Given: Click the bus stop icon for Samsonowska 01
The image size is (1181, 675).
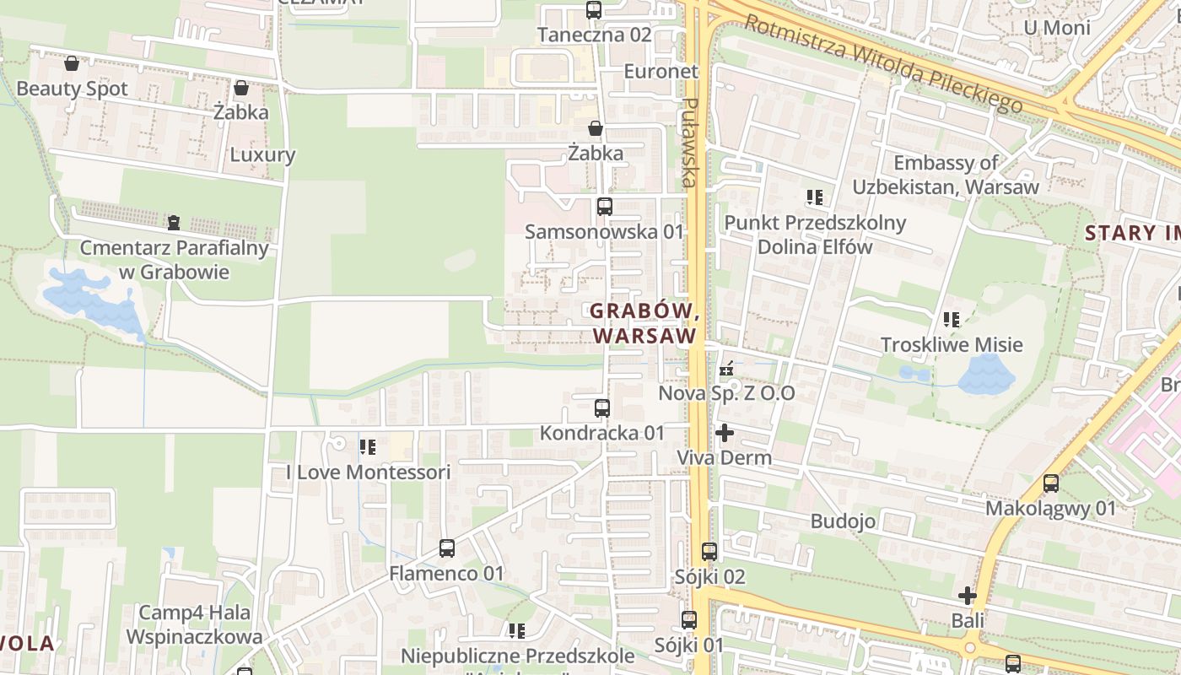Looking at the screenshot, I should point(604,207).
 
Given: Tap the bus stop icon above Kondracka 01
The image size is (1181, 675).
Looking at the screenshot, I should point(602,408).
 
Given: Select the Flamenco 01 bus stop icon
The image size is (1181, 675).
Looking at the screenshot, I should point(447,548).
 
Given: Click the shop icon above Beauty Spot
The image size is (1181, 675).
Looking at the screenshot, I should point(72,63).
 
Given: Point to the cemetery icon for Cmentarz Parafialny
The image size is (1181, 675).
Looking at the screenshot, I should point(174,223).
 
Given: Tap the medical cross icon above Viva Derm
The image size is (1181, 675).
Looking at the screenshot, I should point(724,433).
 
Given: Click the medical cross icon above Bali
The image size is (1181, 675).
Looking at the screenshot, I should point(968,596).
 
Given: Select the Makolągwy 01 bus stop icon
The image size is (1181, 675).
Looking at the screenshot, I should point(1051,483).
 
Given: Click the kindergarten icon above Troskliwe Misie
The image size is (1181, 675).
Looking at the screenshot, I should point(952,320).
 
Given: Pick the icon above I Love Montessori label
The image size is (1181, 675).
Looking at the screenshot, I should point(368,447).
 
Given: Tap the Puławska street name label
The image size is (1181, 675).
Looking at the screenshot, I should point(691,143).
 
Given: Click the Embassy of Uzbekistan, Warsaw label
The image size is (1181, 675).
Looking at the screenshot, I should point(946,175).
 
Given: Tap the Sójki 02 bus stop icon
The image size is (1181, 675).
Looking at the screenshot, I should point(709,552).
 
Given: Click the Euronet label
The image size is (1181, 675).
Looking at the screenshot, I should point(661,72).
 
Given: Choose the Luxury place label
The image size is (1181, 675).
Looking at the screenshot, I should point(262,154).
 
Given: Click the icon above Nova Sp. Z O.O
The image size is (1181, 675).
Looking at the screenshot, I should point(726,369).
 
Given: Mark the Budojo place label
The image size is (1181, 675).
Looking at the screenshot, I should point(843,521).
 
